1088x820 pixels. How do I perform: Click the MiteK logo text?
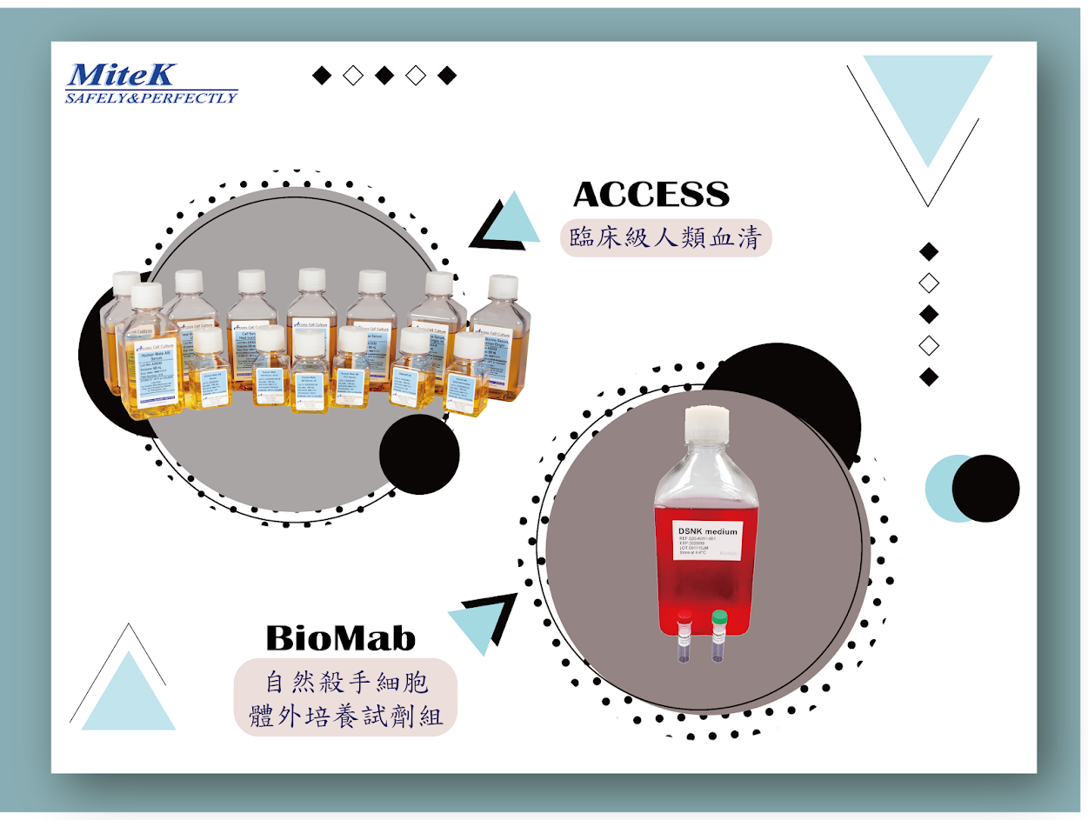tap(122, 75)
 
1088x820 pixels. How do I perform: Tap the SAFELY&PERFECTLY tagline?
tap(151, 97)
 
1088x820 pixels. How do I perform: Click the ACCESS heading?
tap(651, 195)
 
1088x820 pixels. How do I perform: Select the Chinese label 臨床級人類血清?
tap(665, 237)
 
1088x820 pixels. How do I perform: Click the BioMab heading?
tap(341, 638)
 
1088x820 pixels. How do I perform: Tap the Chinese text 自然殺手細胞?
tap(345, 680)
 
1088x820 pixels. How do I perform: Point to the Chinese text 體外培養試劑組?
tap(345, 717)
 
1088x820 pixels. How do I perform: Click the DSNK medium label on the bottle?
tap(706, 531)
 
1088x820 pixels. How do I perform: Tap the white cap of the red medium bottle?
tap(705, 427)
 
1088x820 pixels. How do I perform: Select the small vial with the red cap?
tap(684, 637)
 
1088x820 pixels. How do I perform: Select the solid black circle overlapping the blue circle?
tap(986, 488)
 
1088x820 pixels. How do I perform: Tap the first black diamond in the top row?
tap(322, 76)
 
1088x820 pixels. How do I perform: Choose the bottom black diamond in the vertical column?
tap(929, 377)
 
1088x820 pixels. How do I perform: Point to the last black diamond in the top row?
tap(447, 76)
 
